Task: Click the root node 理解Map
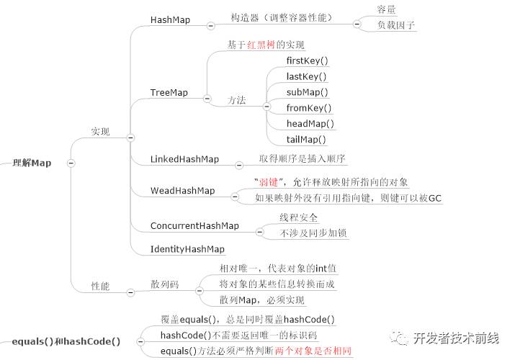32,163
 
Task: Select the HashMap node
170,19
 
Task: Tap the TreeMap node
169,92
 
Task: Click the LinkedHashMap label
184,158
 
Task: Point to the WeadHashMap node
182,191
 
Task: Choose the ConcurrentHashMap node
194,225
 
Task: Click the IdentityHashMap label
187,249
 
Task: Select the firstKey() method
307,61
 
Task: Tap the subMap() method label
307,92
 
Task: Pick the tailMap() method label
306,140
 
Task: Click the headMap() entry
310,124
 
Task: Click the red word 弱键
268,182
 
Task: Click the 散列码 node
164,285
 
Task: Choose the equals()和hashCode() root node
66,341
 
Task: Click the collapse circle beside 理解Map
71,163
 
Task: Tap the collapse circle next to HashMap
210,25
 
